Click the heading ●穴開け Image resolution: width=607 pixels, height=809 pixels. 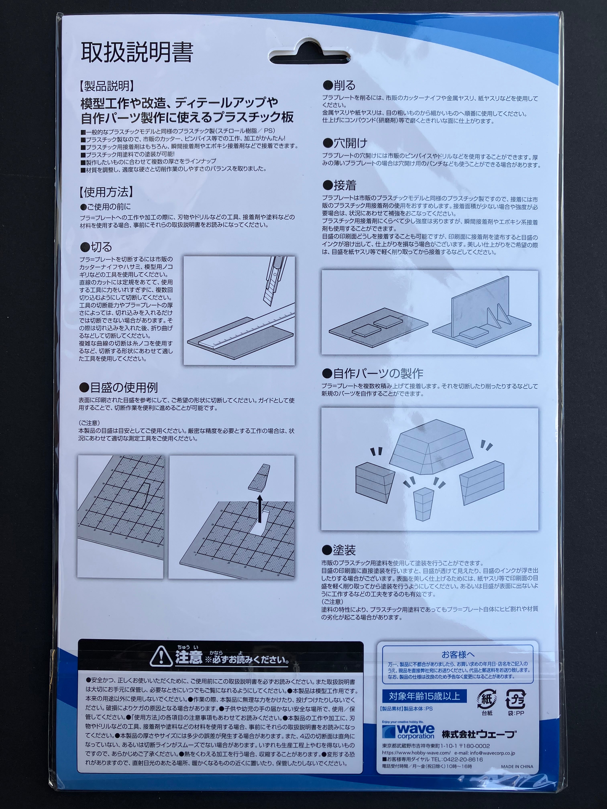(345, 143)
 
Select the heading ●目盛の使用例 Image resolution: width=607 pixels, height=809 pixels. (119, 387)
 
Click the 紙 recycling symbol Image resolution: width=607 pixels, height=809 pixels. (487, 699)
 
